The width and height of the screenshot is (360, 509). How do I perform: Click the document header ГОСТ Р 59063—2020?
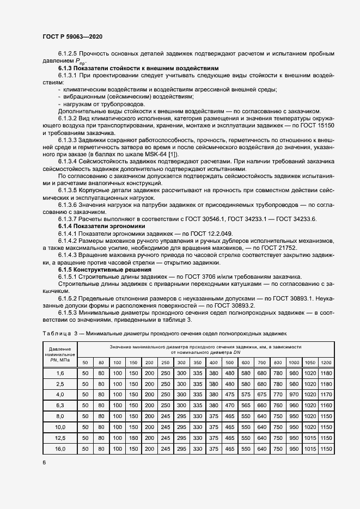72,36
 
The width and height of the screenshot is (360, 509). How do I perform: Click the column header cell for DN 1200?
326,363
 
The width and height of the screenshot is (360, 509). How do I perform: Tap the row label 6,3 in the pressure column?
60,406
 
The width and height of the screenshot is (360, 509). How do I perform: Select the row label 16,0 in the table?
60,449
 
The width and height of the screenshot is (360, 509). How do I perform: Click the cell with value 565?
246,406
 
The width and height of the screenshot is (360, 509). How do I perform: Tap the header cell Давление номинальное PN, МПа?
60,354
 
